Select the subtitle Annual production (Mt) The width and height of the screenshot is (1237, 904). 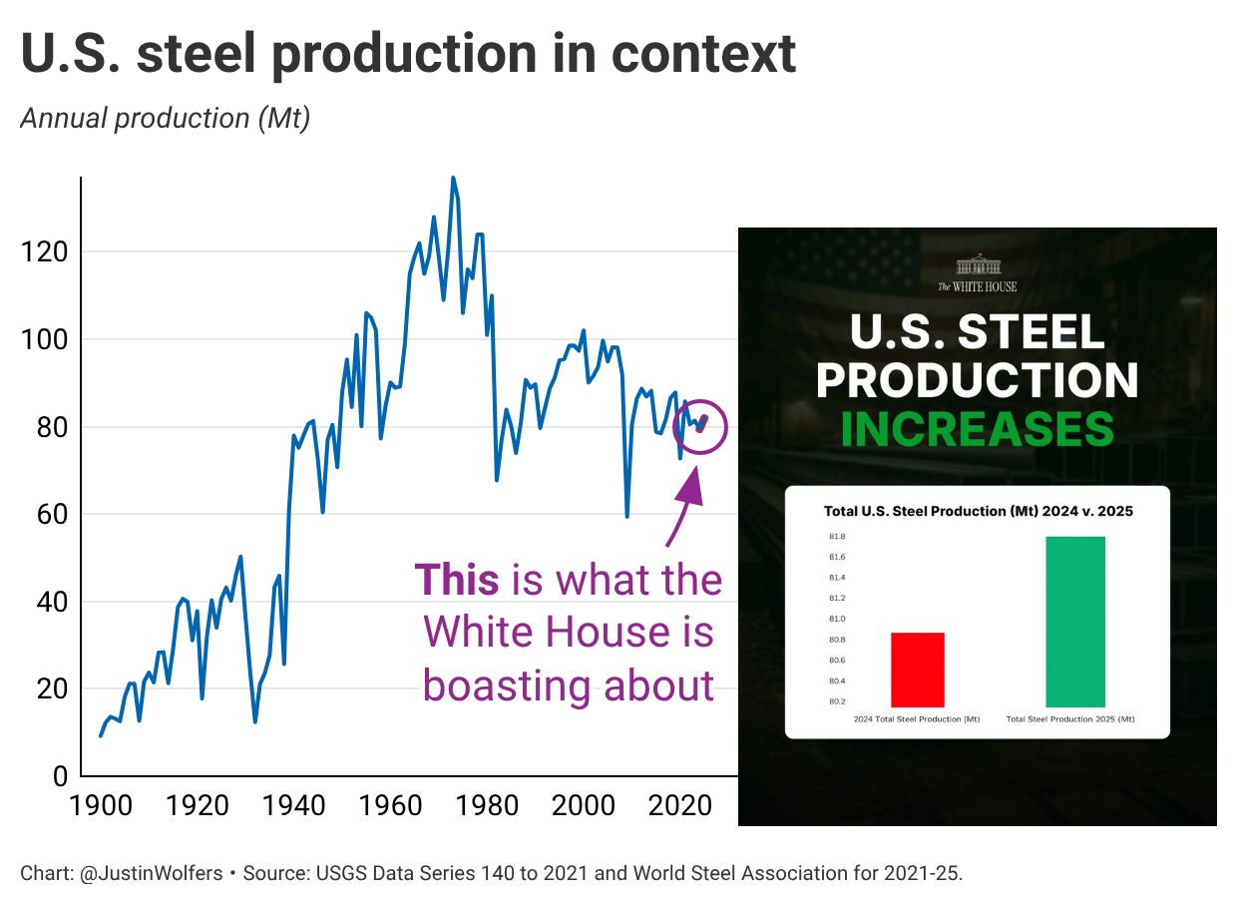pyautogui.click(x=166, y=119)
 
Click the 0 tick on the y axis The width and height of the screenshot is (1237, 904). pyautogui.click(x=60, y=776)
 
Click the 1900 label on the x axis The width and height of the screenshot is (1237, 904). pyautogui.click(x=103, y=805)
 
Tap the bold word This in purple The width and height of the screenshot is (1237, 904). pyautogui.click(x=457, y=580)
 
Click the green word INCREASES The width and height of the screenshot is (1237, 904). pyautogui.click(x=977, y=429)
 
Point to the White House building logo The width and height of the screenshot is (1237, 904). pyautogui.click(x=978, y=265)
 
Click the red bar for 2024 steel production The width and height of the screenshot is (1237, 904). pyautogui.click(x=918, y=670)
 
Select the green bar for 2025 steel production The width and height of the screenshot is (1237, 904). pyautogui.click(x=1075, y=622)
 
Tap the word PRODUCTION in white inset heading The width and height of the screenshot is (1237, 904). pyautogui.click(x=978, y=380)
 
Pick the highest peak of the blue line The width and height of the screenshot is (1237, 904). pyautogui.click(x=453, y=180)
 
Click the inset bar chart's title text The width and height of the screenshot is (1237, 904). pyautogui.click(x=978, y=511)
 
